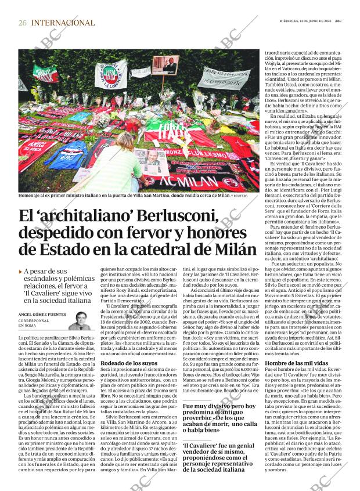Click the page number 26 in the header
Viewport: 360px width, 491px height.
[x=22, y=23]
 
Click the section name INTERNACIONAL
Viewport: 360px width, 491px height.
[x=63, y=23]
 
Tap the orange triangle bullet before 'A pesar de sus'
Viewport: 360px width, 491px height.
[x=21, y=272]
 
